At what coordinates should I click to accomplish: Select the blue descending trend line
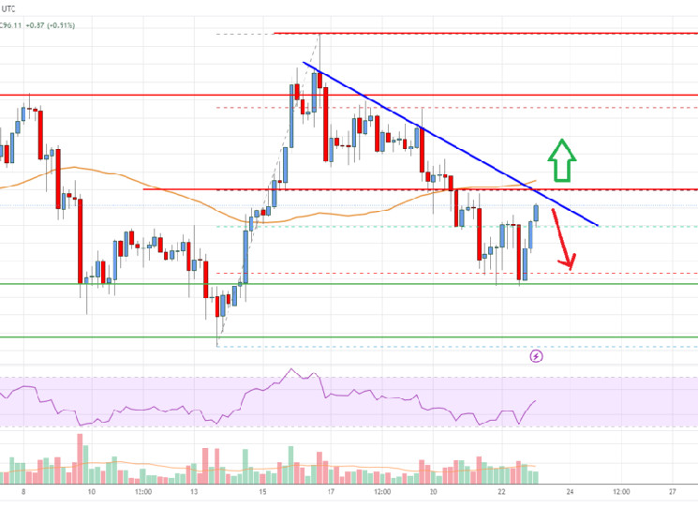click(450, 141)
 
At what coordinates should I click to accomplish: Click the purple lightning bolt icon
click(536, 356)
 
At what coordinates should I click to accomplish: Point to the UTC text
click(10, 7)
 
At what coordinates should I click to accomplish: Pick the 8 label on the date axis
click(22, 491)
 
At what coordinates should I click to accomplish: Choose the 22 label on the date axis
click(503, 491)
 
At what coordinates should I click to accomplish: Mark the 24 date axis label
click(570, 491)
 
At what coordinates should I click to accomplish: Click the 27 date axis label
click(673, 491)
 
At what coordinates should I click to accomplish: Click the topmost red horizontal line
click(468, 33)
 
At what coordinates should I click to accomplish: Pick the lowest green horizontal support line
click(375, 337)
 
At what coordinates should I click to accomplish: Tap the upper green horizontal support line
click(375, 284)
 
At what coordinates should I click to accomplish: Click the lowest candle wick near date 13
click(218, 340)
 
